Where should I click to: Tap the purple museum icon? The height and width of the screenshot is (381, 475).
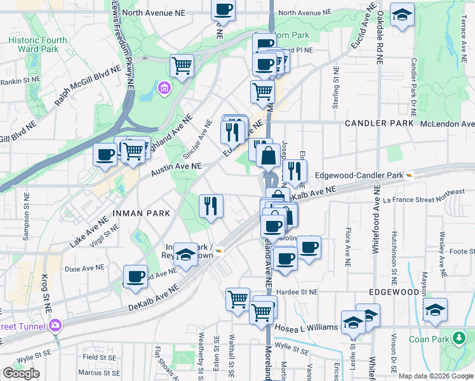[164, 86]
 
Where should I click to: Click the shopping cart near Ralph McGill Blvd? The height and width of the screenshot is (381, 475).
[182, 65]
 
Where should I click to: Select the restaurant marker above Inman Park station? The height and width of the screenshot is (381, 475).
[211, 205]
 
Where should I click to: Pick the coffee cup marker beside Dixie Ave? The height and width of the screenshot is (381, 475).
[135, 277]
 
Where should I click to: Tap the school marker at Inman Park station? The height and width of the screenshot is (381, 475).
[185, 255]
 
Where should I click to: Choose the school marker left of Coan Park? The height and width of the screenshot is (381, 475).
[436, 309]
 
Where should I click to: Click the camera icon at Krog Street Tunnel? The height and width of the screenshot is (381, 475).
[55, 325]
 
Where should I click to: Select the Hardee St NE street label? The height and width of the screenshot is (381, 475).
[295, 292]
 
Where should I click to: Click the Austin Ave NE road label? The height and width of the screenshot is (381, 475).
[176, 170]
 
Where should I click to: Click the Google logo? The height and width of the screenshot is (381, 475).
[21, 373]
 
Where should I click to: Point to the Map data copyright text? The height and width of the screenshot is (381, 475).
[436, 376]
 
